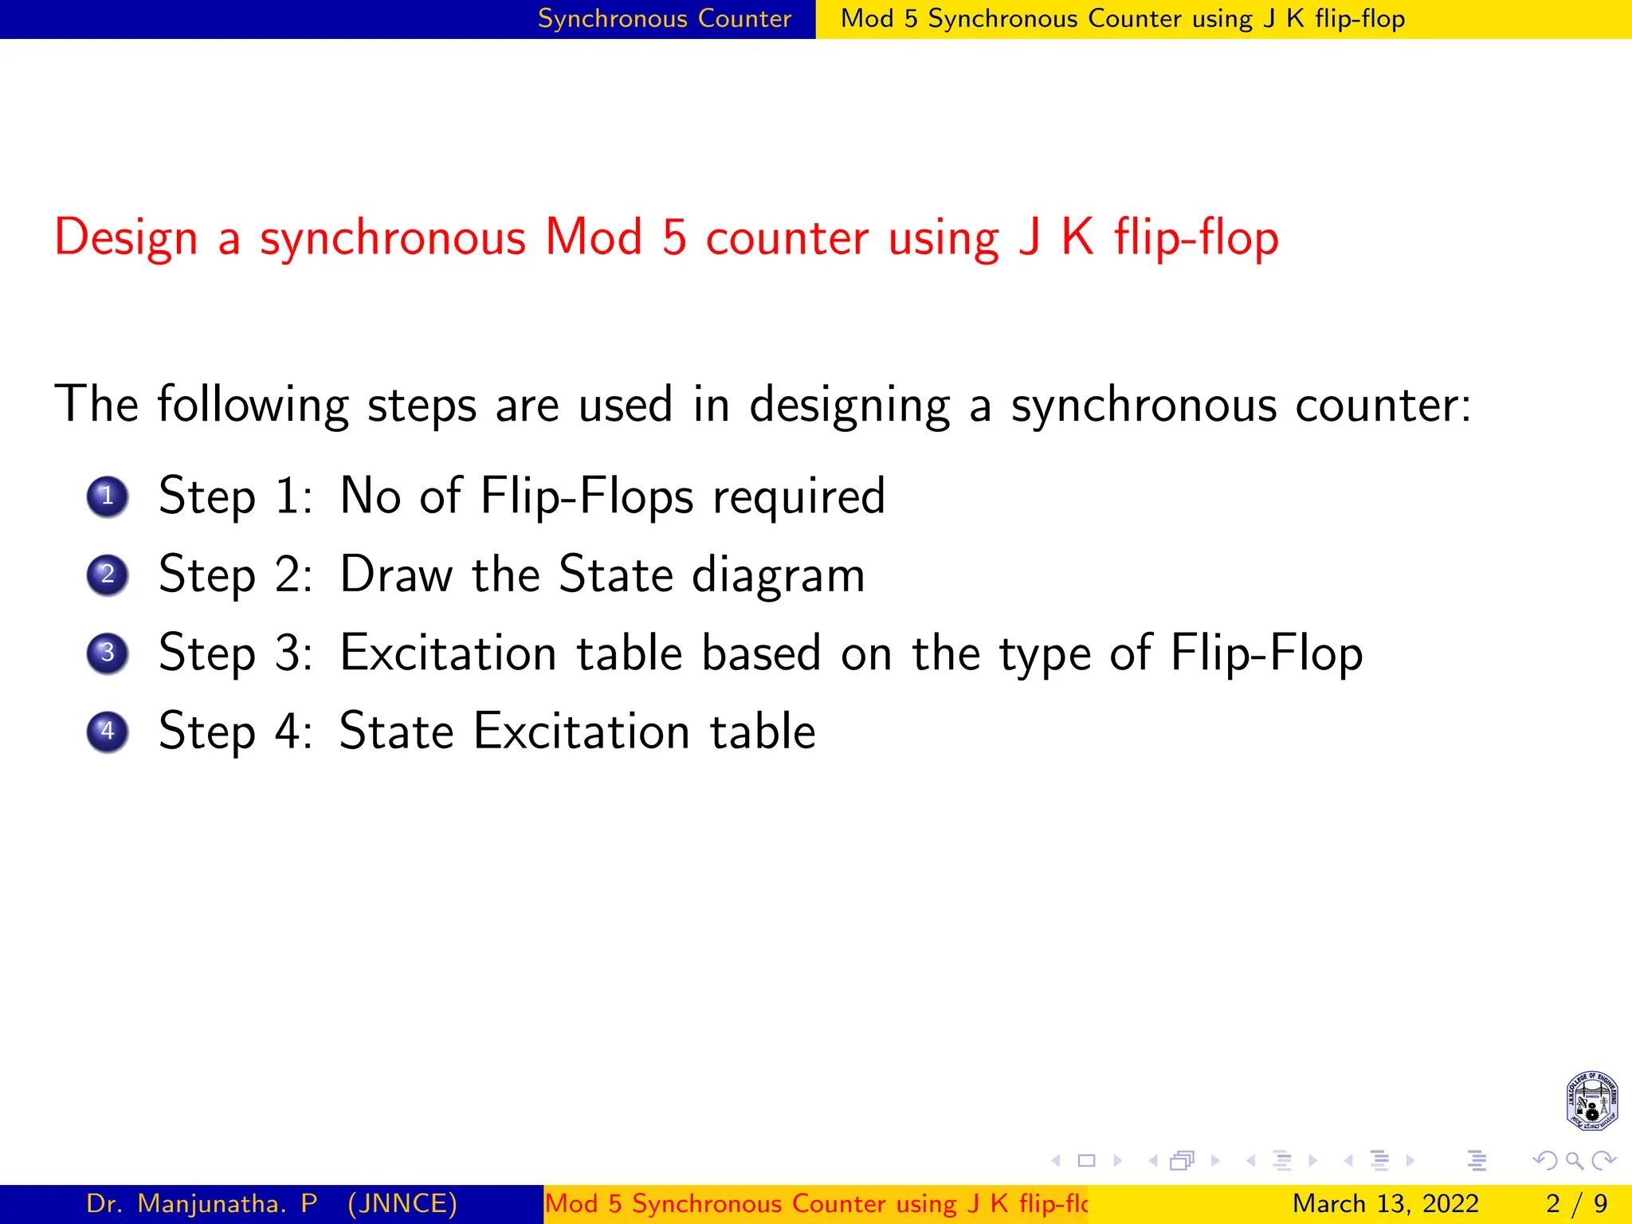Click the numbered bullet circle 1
pyautogui.click(x=108, y=496)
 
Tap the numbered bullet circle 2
pyautogui.click(x=108, y=575)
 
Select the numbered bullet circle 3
pyautogui.click(x=108, y=653)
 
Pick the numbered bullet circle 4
pyautogui.click(x=108, y=732)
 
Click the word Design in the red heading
pyautogui.click(x=126, y=238)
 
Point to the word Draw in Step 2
pyautogui.click(x=396, y=575)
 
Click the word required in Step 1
pyautogui.click(x=798, y=497)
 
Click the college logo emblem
pyautogui.click(x=1591, y=1100)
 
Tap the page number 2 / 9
pyautogui.click(x=1576, y=1203)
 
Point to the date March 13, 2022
pyautogui.click(x=1385, y=1203)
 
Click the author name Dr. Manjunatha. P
pyautogui.click(x=202, y=1203)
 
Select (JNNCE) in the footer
pyautogui.click(x=402, y=1203)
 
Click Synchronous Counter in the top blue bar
pyautogui.click(x=665, y=18)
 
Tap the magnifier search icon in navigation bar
pyautogui.click(x=1575, y=1160)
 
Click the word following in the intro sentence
pyautogui.click(x=253, y=405)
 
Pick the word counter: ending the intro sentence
pyautogui.click(x=1383, y=405)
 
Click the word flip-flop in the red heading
pyautogui.click(x=1196, y=238)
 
